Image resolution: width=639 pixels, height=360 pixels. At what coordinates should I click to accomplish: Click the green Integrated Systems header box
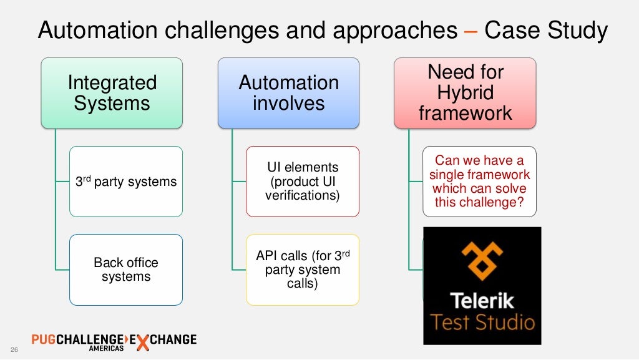point(112,93)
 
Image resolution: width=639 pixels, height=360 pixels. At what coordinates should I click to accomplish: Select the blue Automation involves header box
point(288,93)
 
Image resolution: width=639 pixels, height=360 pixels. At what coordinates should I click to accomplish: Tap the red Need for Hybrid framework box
point(465,93)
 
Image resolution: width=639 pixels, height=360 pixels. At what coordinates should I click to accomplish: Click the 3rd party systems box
point(126,182)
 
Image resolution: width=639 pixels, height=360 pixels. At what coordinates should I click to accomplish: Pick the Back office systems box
point(126,270)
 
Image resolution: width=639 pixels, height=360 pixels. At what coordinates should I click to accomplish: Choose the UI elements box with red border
point(303,182)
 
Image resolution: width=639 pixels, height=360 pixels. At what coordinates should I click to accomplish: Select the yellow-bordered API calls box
point(303,270)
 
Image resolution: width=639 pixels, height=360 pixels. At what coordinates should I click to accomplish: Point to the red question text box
point(479,182)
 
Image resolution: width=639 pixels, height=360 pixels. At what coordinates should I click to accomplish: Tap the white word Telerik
point(482,301)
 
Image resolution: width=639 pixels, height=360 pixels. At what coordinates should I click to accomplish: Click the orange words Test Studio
point(482,323)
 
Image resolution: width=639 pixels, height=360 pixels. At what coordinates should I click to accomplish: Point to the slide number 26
point(14,349)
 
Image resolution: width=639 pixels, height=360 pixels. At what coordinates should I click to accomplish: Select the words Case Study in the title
point(545,31)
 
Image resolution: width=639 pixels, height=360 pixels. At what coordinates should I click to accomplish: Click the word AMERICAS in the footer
point(105,349)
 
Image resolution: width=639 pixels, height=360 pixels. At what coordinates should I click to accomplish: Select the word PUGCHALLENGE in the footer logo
point(76,339)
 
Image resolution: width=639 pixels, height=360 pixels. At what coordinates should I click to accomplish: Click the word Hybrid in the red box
point(465,93)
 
